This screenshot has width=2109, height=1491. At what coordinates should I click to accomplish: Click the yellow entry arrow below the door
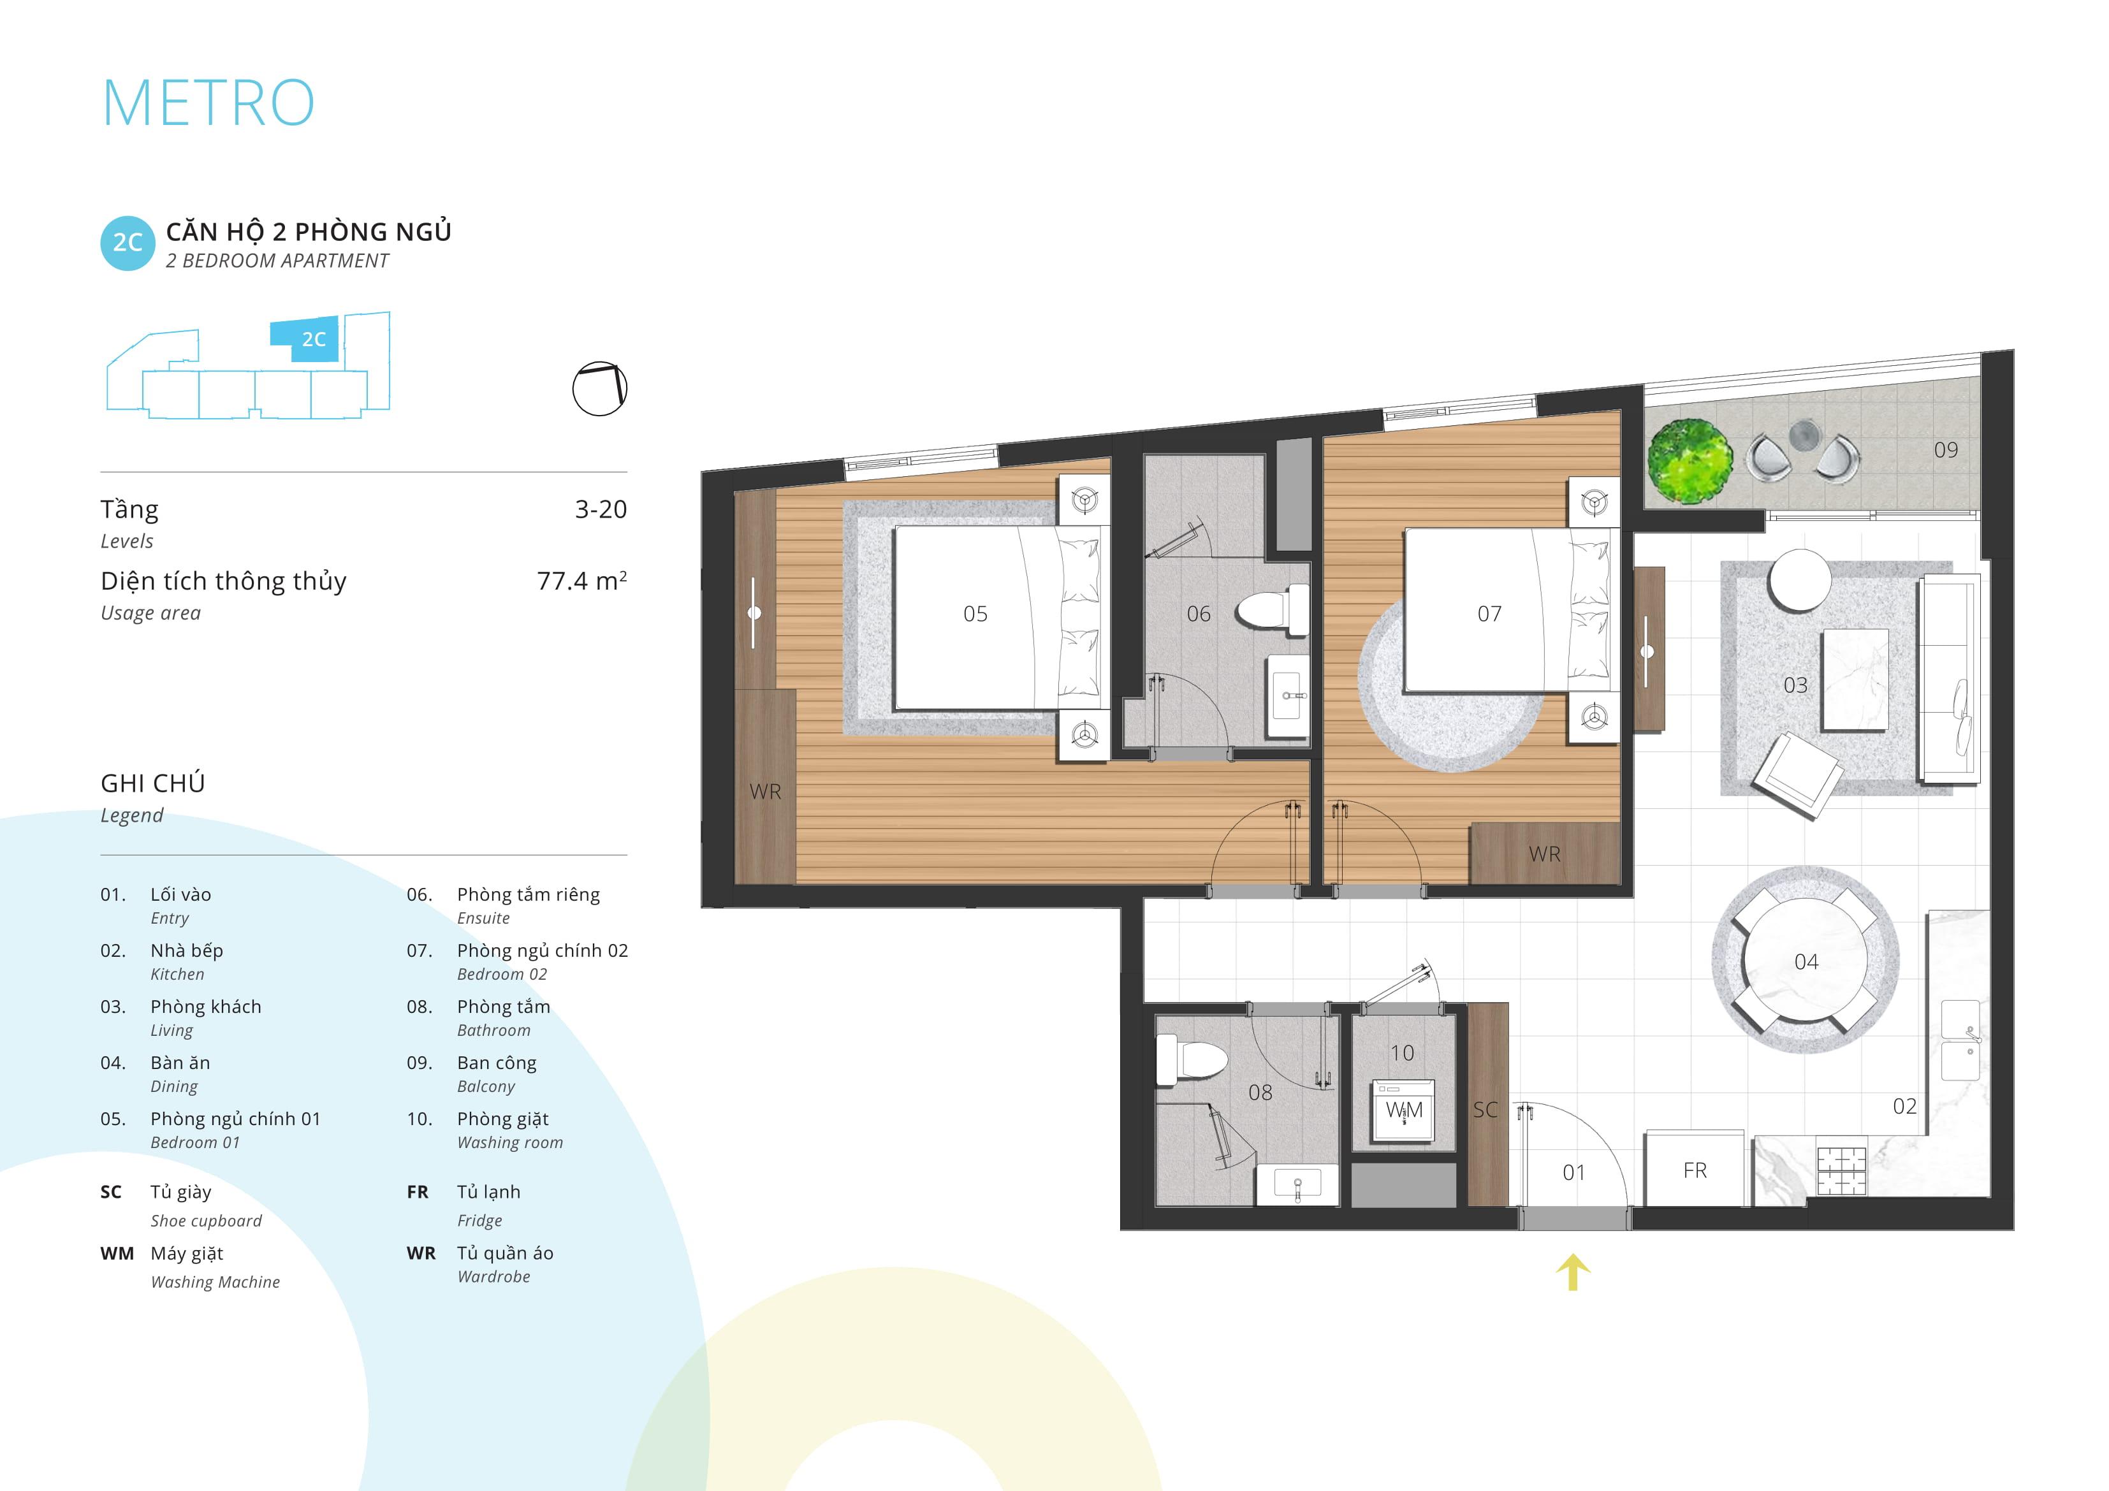click(1573, 1272)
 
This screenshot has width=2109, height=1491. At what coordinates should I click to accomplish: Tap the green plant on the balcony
click(1690, 461)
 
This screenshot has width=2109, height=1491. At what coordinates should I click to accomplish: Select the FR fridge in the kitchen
click(1695, 1168)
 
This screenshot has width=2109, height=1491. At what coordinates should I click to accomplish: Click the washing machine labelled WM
click(1403, 1112)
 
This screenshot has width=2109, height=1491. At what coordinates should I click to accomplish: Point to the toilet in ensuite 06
click(1272, 610)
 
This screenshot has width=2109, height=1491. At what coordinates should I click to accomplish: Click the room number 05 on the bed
click(975, 614)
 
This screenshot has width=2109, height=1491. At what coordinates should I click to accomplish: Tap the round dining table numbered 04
click(1806, 960)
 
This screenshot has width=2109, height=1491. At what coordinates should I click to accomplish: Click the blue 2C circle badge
click(128, 242)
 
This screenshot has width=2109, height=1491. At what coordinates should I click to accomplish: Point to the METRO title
click(208, 102)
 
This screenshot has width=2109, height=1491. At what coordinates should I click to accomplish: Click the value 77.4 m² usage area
click(581, 581)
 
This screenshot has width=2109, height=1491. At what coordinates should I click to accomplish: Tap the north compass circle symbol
click(600, 389)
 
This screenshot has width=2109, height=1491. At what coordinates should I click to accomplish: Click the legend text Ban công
click(497, 1063)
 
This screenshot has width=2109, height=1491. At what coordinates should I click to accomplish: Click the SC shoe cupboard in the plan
click(1487, 1103)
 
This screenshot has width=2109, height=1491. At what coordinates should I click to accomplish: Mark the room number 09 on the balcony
click(1946, 450)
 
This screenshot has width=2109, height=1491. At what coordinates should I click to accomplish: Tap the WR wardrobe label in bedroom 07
click(1544, 854)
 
